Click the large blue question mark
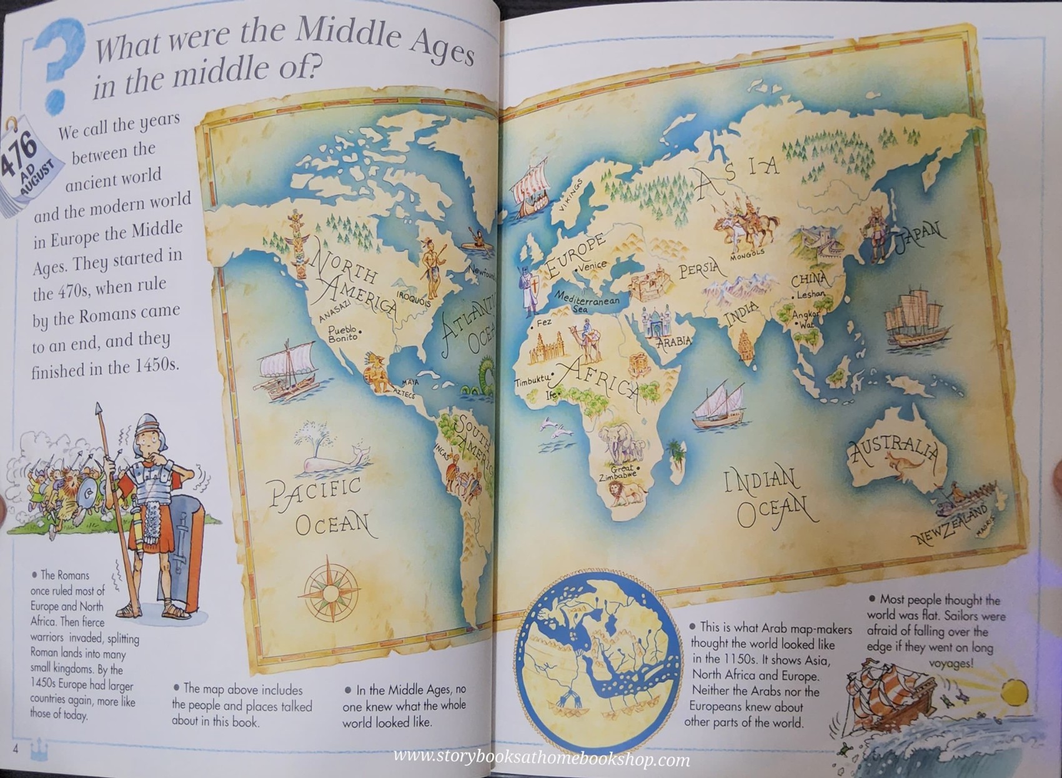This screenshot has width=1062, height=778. (x=57, y=62)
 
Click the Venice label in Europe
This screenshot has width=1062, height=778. (x=592, y=265)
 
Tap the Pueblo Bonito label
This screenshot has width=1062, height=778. (x=343, y=333)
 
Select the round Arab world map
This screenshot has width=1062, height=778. (x=598, y=659)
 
